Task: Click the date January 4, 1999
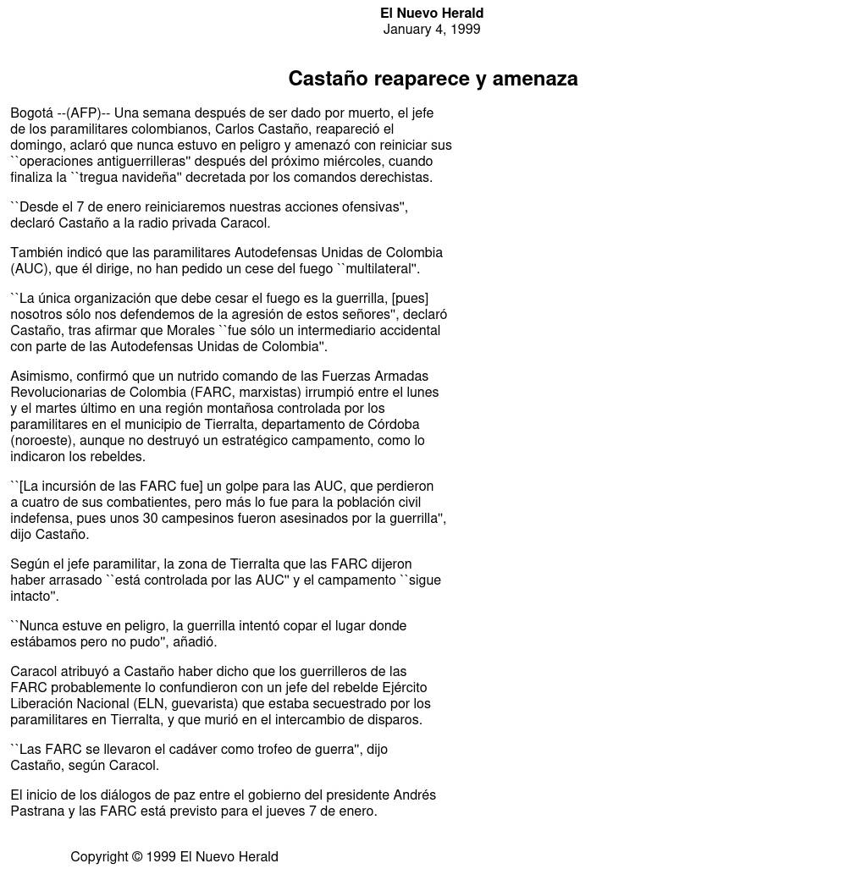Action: [431, 30]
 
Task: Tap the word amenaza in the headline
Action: [535, 79]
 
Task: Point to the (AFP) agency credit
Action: [83, 113]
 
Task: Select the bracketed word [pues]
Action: [410, 299]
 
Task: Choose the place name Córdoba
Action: [392, 425]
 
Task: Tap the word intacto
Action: [32, 597]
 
